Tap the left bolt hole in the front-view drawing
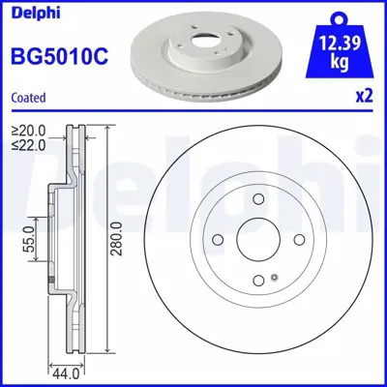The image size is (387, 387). click(x=218, y=242)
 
